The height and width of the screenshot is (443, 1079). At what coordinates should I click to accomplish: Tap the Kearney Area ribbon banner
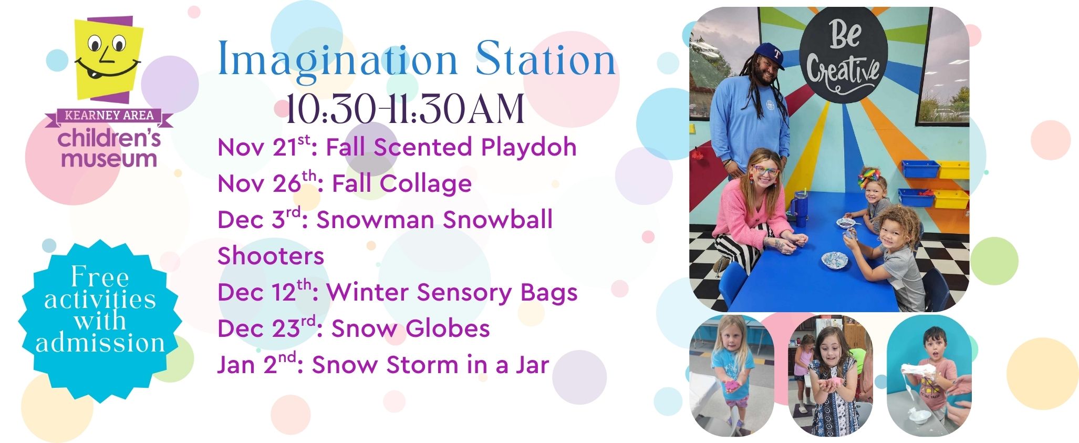(109, 117)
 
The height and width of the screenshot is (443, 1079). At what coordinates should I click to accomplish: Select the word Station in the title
(545, 60)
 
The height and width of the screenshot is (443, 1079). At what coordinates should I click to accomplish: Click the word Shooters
(271, 256)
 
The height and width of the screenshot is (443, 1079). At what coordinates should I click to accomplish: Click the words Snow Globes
(410, 328)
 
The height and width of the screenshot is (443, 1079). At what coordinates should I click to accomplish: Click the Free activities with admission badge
(100, 321)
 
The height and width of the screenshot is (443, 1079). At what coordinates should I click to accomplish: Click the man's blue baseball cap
(764, 55)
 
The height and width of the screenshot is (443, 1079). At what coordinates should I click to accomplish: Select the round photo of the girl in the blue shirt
(731, 376)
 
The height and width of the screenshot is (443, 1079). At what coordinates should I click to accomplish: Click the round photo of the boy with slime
(929, 376)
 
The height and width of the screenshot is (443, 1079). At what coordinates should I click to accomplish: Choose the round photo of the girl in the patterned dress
(830, 376)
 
